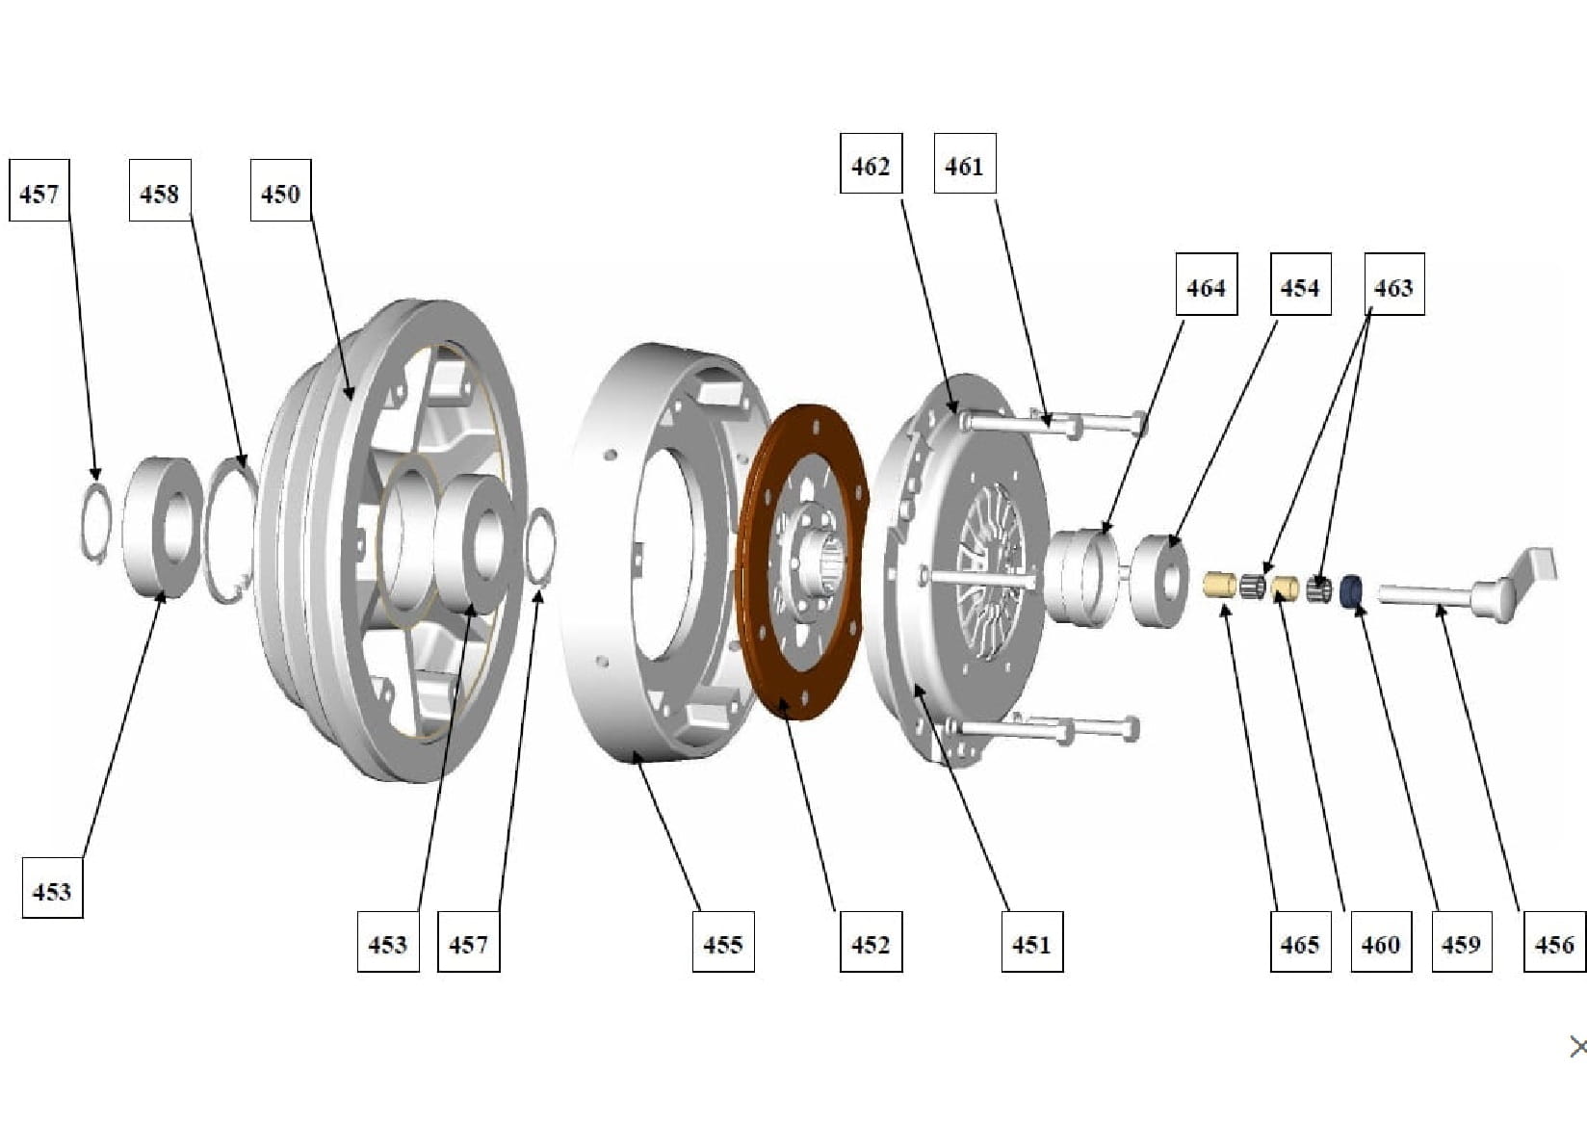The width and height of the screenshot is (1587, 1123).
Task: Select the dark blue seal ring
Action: click(1353, 590)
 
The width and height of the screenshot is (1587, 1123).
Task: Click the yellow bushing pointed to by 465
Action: click(1220, 584)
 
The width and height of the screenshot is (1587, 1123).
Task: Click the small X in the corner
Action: click(1577, 1046)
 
